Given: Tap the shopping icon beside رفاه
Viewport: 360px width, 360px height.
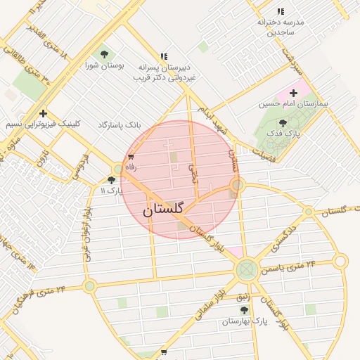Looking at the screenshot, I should tap(131, 157).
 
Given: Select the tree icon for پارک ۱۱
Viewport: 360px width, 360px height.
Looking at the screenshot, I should tap(111, 180).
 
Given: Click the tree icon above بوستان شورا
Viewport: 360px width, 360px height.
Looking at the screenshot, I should tap(105, 54).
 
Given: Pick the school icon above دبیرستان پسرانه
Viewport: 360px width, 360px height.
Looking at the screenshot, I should tap(164, 56).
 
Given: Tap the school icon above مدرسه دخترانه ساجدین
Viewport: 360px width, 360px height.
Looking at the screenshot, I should tap(281, 12).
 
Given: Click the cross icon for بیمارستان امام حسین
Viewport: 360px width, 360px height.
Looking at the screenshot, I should tap(293, 93).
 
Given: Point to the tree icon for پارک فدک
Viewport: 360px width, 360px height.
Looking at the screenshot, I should tap(283, 123).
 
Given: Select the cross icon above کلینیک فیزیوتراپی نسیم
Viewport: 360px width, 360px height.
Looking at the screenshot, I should tap(44, 113).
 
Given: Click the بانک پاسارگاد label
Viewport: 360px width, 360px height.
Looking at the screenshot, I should tap(120, 124).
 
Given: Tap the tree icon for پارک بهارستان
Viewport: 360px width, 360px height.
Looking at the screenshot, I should tap(244, 310).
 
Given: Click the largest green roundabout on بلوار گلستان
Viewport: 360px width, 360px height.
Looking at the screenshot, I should tap(247, 269).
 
